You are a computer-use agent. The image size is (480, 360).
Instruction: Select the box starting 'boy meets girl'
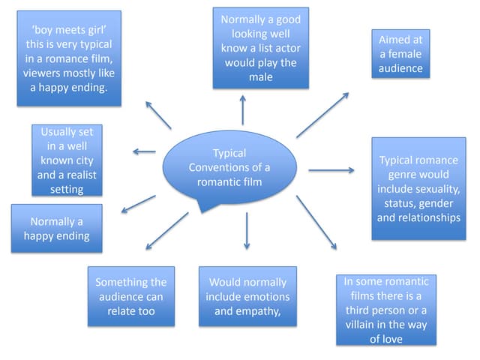point(68,58)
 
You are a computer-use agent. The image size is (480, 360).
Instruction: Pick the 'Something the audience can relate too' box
point(130,295)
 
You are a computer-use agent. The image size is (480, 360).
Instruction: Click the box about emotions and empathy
point(247,295)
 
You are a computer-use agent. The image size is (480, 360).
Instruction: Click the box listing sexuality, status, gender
point(418,188)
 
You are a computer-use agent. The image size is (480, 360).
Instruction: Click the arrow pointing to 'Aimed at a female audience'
point(322,115)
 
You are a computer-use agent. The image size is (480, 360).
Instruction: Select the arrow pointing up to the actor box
point(243,110)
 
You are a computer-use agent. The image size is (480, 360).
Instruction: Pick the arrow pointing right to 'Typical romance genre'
point(331,170)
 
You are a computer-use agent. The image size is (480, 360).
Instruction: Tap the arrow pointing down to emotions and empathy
point(246,231)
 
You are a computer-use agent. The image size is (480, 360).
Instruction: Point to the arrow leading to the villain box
point(317,222)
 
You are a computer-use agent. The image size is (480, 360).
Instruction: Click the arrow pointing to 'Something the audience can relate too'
point(166,230)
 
